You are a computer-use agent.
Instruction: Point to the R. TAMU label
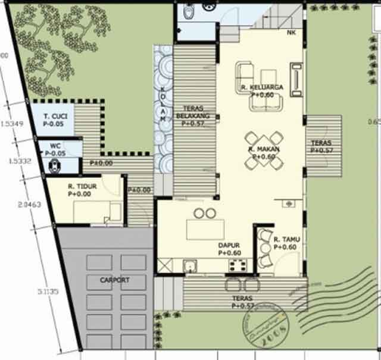tap(286, 240)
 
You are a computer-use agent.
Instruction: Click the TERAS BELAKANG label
tap(194, 113)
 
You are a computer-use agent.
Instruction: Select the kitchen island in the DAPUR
tap(205, 229)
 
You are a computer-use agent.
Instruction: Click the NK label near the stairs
tap(291, 33)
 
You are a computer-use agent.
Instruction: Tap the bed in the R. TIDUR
tap(95, 211)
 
